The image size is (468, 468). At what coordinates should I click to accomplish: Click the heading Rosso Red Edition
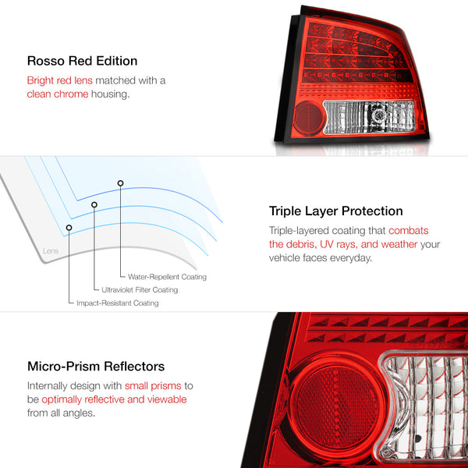(82, 60)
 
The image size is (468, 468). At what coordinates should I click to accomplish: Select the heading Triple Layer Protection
(335, 211)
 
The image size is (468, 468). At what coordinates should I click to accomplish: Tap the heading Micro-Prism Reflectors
(95, 366)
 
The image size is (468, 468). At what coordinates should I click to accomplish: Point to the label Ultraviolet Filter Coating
(140, 290)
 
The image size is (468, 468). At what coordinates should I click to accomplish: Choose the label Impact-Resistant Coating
(117, 303)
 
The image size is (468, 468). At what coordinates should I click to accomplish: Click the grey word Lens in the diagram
(48, 251)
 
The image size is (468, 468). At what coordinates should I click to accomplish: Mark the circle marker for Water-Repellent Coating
(120, 183)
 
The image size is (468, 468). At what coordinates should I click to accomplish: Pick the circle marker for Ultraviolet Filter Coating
(94, 205)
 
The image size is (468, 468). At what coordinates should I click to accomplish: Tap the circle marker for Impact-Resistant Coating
(69, 228)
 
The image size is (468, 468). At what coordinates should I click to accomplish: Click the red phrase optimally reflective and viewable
(114, 399)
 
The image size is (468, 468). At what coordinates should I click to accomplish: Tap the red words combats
(409, 230)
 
